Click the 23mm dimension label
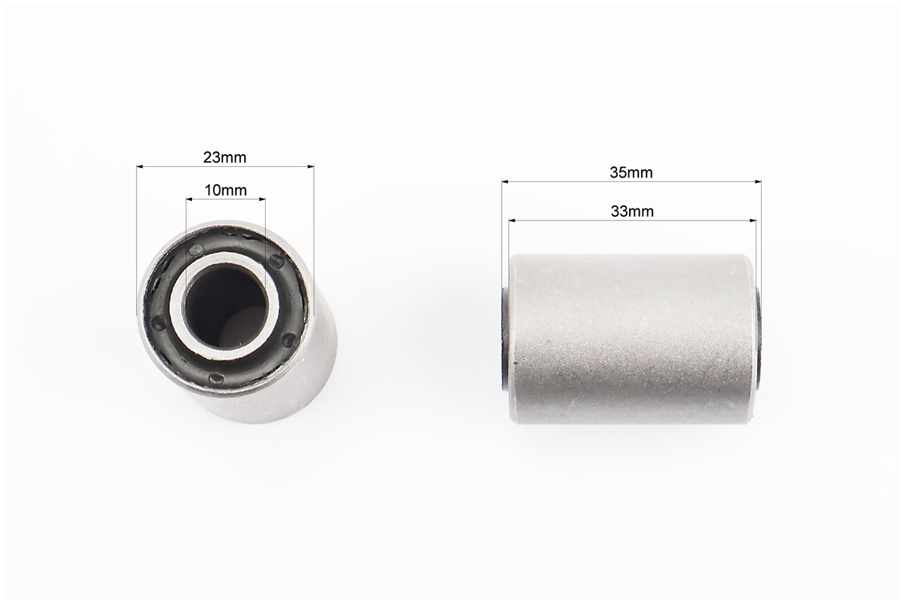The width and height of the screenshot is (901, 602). [224, 157]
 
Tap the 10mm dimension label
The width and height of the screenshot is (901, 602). [225, 190]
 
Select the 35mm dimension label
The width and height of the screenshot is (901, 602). [631, 172]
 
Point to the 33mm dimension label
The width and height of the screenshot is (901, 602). [632, 211]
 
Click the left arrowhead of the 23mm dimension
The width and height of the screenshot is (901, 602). [140, 167]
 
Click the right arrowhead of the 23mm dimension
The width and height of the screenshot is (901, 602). [311, 167]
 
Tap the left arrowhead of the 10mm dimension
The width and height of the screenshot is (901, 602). [190, 199]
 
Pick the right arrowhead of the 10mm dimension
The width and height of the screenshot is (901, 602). [262, 199]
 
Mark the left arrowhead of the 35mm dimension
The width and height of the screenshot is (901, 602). [505, 182]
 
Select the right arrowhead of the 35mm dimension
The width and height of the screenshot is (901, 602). [758, 182]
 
